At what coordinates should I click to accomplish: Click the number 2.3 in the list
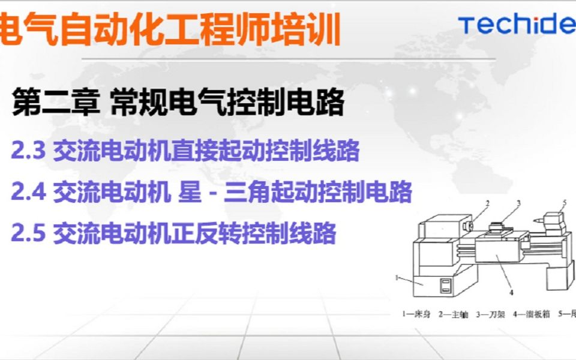pos(28,151)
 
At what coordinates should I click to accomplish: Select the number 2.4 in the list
pos(28,192)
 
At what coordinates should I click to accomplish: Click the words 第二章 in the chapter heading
pos(55,103)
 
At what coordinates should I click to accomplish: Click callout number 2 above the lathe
pos(487,203)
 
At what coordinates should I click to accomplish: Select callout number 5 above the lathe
pos(564,202)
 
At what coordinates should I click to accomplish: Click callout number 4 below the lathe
pos(511,293)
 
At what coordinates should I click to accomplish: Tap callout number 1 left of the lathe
pos(398,277)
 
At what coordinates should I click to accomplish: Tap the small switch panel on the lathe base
pos(445,286)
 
